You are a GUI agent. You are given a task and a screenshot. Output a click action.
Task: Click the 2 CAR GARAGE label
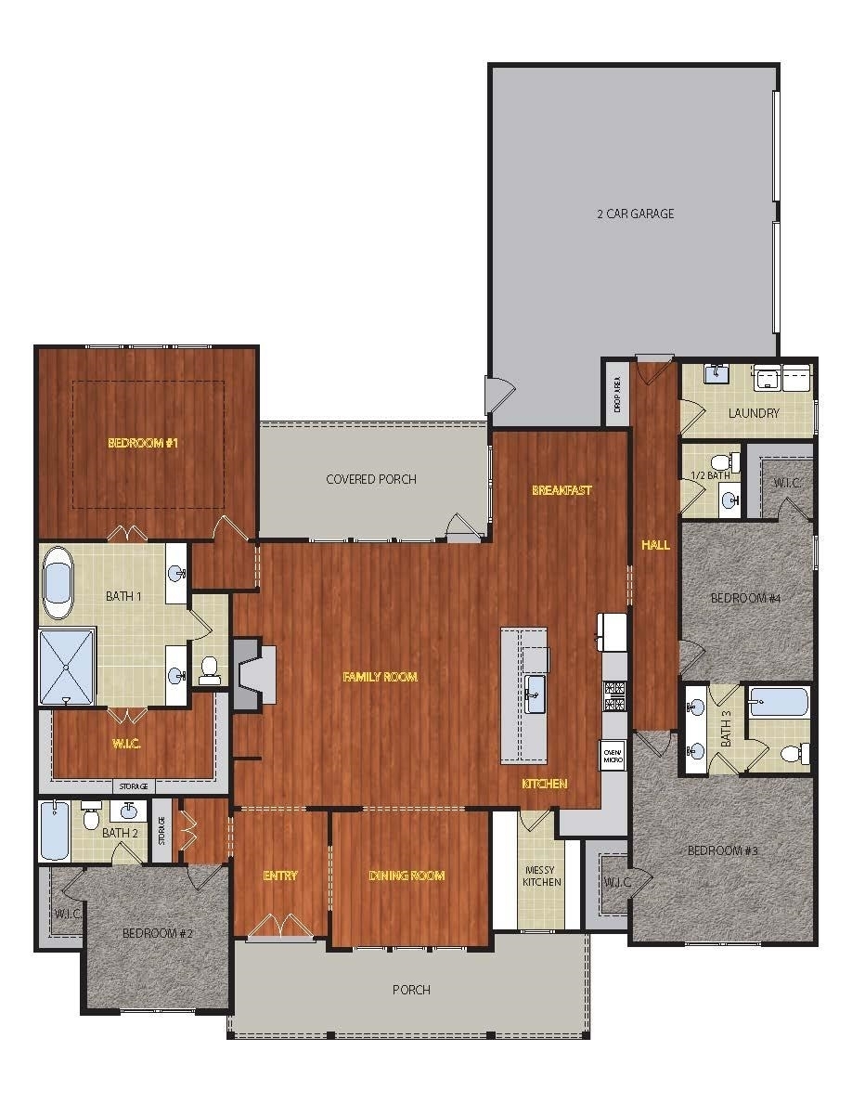coord(636,214)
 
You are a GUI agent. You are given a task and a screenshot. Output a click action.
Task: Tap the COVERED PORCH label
coord(371,479)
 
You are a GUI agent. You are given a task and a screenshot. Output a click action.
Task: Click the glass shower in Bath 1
coord(67,667)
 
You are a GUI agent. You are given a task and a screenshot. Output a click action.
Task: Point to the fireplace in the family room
coord(253,674)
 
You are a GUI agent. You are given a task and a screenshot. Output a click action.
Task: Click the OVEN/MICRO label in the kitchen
coord(613,756)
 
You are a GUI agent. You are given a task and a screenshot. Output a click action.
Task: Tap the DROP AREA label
coord(617,394)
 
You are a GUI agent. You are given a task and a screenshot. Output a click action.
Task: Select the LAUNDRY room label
coord(754,413)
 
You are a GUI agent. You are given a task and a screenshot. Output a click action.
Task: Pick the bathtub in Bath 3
coord(779,702)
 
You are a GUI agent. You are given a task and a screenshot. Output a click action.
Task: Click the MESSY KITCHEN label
coord(542,876)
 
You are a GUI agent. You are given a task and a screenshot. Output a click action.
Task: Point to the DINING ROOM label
coord(407,876)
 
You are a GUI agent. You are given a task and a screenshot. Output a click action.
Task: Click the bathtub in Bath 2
coord(54,831)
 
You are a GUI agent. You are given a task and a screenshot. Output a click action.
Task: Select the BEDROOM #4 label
coord(746,598)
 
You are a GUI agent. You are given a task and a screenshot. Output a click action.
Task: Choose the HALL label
coord(655,544)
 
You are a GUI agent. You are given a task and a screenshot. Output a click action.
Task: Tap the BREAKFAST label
coord(562,490)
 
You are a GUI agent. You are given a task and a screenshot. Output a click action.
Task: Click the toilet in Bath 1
coord(210,669)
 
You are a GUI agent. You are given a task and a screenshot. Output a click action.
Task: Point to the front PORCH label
coord(411,990)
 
